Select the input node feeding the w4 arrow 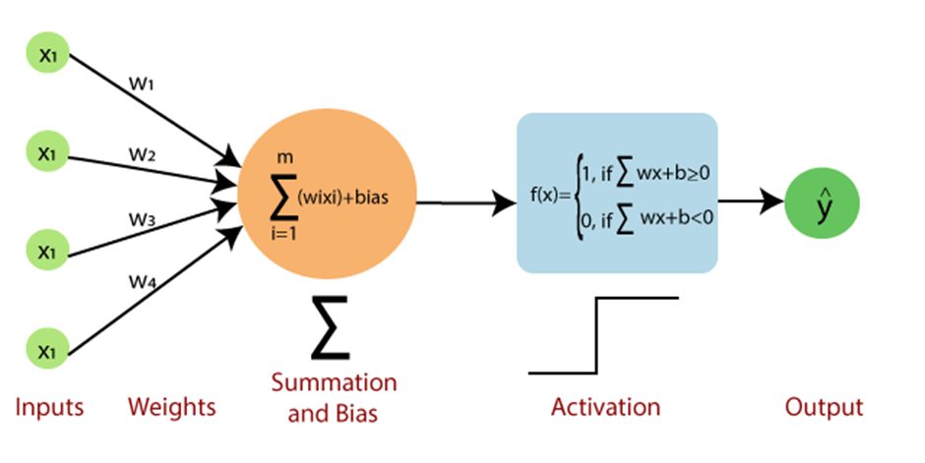point(46,348)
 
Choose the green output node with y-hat point(822,205)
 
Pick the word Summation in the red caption point(334,382)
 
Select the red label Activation point(605,406)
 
